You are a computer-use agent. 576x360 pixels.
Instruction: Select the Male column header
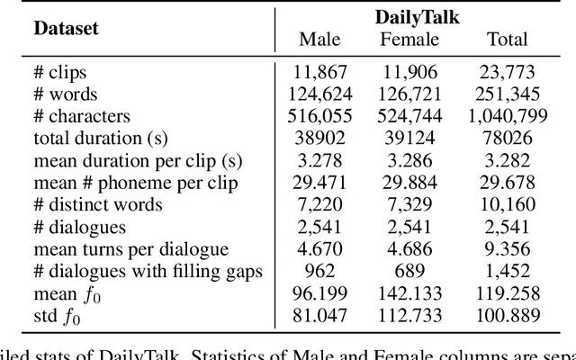pos(319,39)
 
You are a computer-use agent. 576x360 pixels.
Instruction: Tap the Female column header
pos(409,39)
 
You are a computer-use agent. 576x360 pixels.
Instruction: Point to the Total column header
pos(507,39)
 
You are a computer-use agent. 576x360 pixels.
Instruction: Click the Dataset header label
pos(67,27)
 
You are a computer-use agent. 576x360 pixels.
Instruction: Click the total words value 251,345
pos(507,94)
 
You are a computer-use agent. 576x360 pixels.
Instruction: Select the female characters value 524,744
pos(409,116)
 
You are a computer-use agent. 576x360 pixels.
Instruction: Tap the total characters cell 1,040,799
pos(507,116)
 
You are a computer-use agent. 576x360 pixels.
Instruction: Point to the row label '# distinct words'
pos(98,204)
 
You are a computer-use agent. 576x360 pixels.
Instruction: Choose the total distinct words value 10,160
pos(507,204)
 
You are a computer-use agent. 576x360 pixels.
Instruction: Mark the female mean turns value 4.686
pos(409,248)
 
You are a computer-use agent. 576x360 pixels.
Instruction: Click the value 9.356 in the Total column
pos(507,248)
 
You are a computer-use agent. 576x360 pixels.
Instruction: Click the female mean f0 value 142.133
pos(409,292)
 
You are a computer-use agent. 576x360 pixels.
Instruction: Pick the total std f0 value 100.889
pos(507,314)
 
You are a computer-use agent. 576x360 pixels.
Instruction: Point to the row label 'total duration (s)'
pos(101,138)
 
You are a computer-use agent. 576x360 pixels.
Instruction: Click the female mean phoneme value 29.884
pos(409,182)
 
